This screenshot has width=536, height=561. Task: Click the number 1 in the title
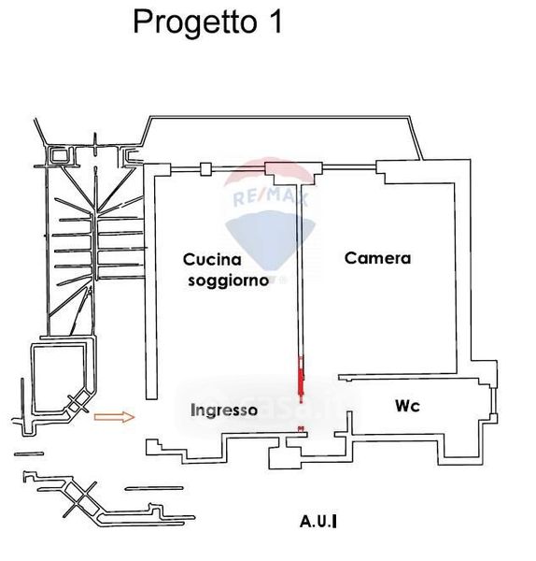pyautogui.click(x=275, y=22)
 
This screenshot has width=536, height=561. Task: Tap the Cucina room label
pyautogui.click(x=212, y=259)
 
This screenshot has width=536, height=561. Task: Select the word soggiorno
pyautogui.click(x=229, y=280)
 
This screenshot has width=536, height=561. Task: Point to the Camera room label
pyautogui.click(x=377, y=258)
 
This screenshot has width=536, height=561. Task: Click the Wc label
pyautogui.click(x=407, y=406)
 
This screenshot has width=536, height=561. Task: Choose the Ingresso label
pyautogui.click(x=224, y=410)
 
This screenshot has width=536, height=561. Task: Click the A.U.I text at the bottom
pyautogui.click(x=318, y=522)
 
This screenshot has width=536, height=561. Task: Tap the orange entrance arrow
pyautogui.click(x=114, y=417)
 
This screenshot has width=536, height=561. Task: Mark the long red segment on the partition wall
pyautogui.click(x=302, y=376)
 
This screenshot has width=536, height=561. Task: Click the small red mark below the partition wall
pyautogui.click(x=302, y=428)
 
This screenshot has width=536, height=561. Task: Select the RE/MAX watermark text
pyautogui.click(x=271, y=197)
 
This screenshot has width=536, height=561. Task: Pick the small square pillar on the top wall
pyautogui.click(x=205, y=169)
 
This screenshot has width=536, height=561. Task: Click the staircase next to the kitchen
pyautogui.click(x=94, y=247)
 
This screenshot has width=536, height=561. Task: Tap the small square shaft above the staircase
pyautogui.click(x=58, y=155)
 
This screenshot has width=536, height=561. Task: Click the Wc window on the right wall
pyautogui.click(x=493, y=401)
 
